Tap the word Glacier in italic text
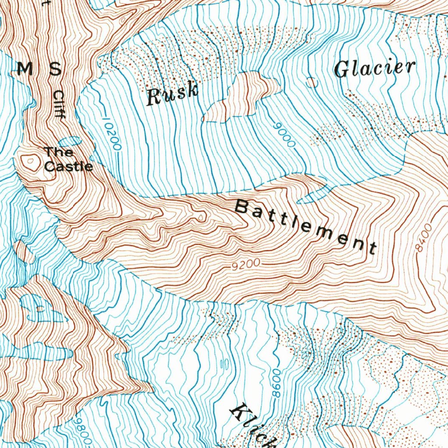point(374,68)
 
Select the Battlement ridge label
point(305,226)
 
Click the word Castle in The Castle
point(69,167)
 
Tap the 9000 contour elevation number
point(284,134)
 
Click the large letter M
point(25,69)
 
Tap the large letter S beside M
point(55,69)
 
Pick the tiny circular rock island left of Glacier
point(311,82)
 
